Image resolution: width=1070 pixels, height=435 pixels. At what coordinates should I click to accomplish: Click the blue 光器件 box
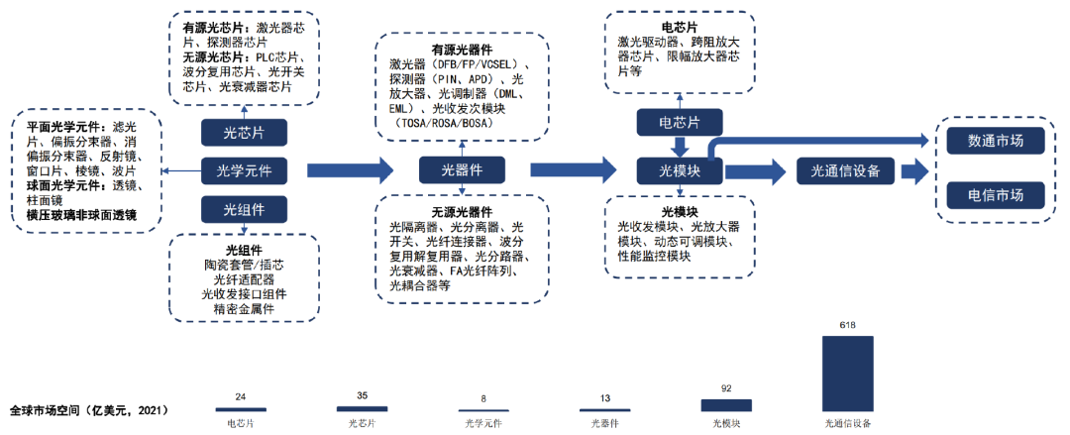[x=462, y=171]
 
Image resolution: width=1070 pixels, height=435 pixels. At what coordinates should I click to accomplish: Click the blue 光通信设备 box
[x=845, y=171]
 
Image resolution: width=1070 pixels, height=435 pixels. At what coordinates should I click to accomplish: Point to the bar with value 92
[x=726, y=404]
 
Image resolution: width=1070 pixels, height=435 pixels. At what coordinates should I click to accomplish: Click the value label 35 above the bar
[x=362, y=396]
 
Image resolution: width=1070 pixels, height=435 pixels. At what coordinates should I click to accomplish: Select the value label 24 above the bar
[x=241, y=397]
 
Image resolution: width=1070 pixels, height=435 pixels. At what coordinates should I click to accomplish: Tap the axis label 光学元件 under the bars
[x=483, y=423]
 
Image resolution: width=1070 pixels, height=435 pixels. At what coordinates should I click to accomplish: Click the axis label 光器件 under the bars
[x=604, y=423]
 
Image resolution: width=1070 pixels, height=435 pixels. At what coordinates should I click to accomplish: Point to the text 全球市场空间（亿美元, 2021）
[x=89, y=409]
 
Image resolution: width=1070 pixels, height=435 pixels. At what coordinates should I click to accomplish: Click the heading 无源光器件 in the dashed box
[x=462, y=211]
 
